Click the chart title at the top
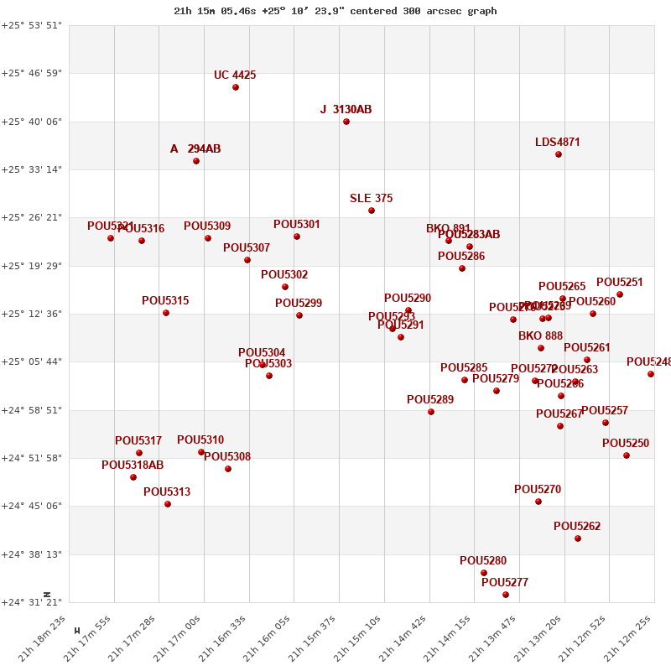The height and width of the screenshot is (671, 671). point(335,11)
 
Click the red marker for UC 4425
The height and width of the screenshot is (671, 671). point(236,87)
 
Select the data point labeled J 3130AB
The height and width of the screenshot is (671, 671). point(346,122)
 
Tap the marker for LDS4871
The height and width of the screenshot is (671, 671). point(559,154)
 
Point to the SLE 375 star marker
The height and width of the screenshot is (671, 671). point(372,211)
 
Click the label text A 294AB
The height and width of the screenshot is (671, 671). point(195,148)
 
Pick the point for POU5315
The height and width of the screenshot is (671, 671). point(166,313)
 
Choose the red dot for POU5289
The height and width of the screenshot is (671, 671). point(431,412)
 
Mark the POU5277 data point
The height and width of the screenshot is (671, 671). point(506,595)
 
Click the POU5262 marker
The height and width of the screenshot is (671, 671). point(578,538)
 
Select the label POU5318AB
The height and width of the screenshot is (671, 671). point(133,465)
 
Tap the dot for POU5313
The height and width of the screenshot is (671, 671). point(168,504)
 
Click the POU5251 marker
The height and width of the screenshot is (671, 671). point(620,294)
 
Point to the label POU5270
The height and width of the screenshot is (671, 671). point(538,489)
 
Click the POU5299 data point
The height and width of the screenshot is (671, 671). point(299,315)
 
